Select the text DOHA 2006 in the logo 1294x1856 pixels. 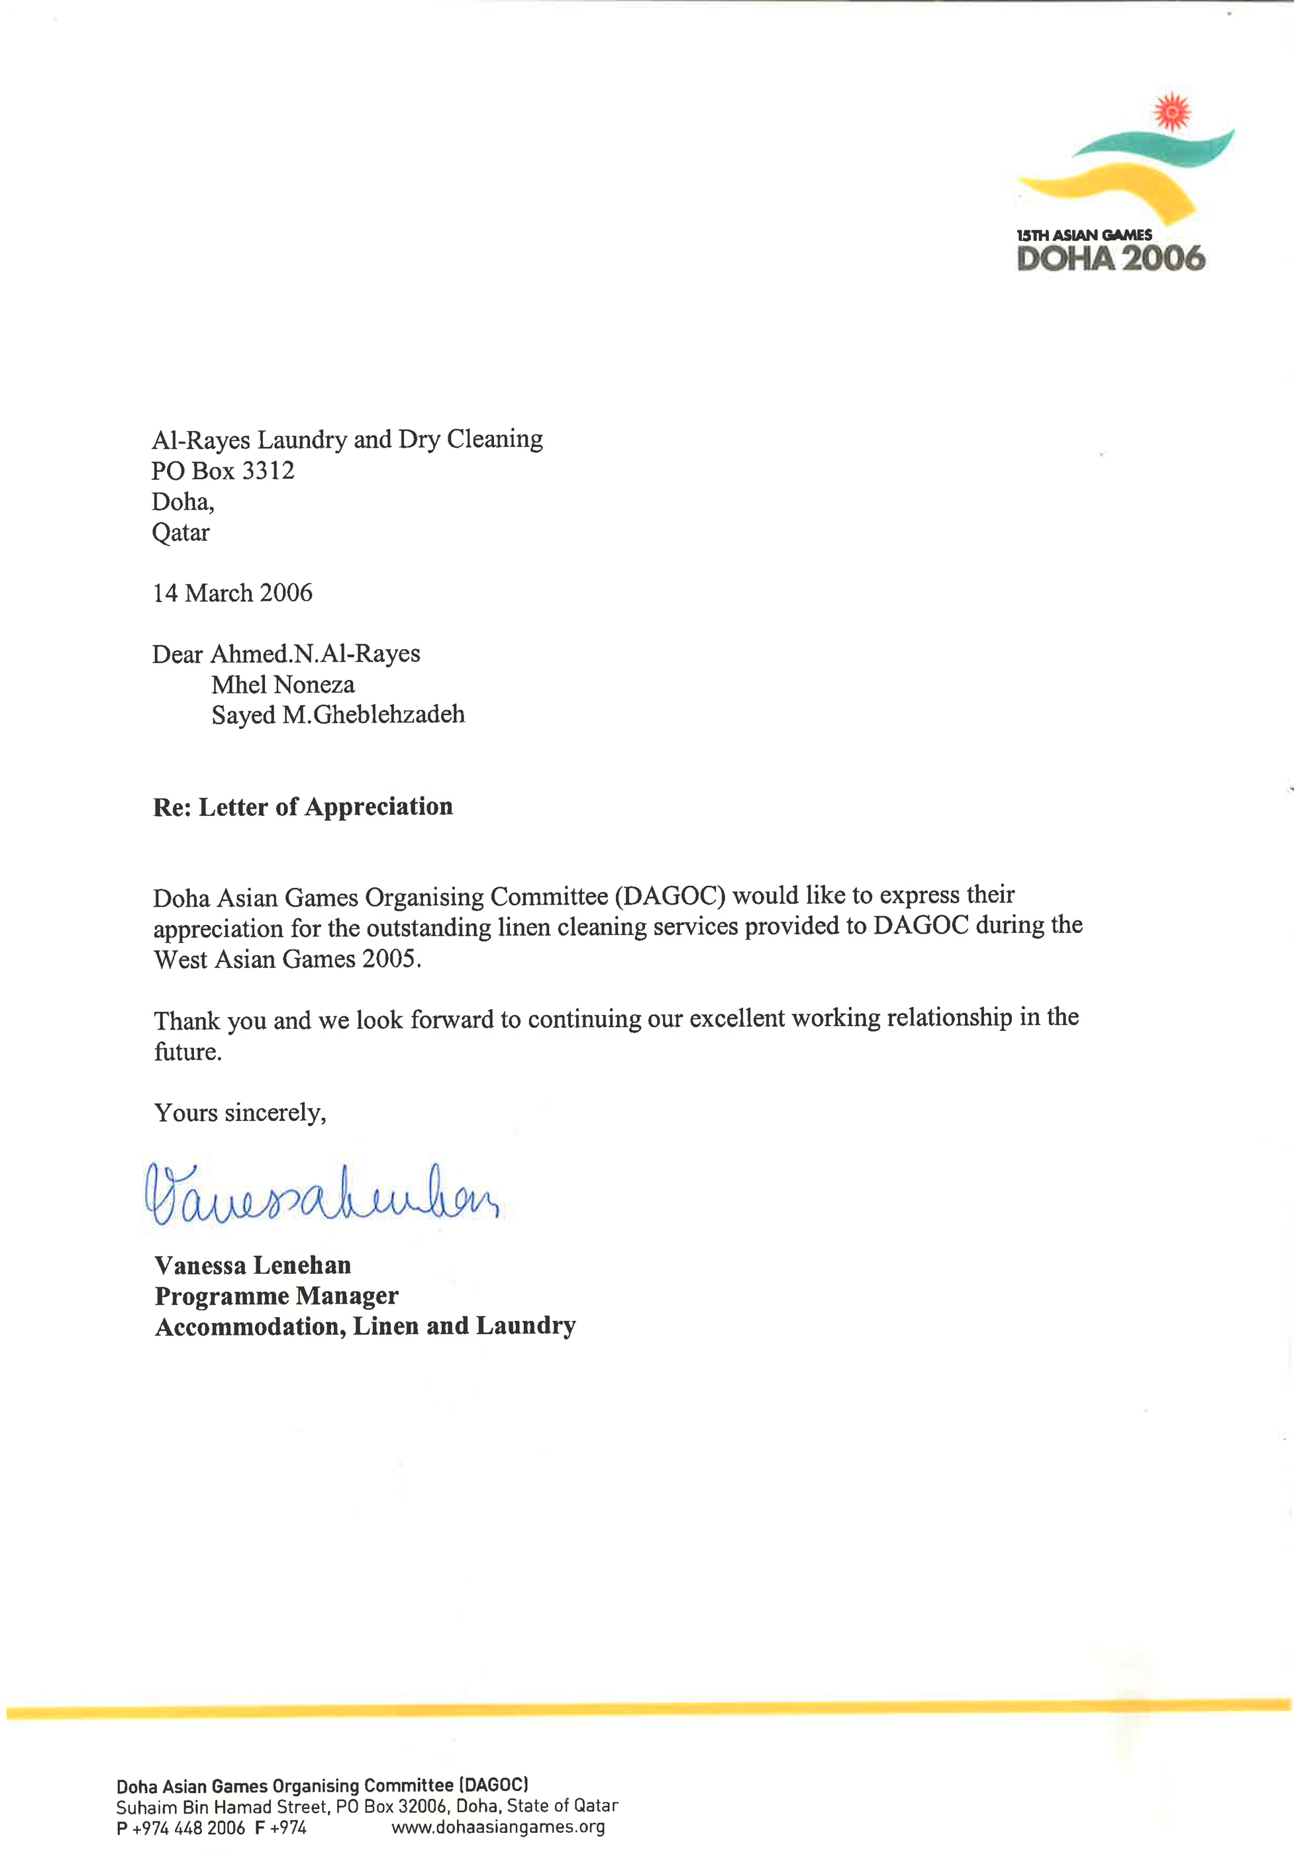(x=1111, y=259)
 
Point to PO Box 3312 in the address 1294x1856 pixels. (x=223, y=471)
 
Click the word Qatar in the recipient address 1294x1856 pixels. (x=180, y=533)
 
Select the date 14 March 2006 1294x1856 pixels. (x=232, y=593)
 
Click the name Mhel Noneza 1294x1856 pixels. (x=283, y=685)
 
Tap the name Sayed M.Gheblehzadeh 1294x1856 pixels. (x=338, y=714)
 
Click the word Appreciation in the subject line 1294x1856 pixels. (x=378, y=806)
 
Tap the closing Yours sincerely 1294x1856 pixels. (x=240, y=1113)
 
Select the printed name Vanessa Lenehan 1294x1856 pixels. (x=253, y=1265)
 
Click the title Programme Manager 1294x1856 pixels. (x=276, y=1296)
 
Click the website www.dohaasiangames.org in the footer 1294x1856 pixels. (x=498, y=1827)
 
